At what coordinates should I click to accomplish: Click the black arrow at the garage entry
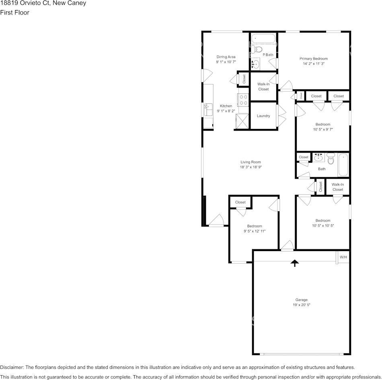coord(295,263)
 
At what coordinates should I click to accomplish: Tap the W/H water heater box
coord(343,257)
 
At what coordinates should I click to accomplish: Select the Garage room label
coord(302,300)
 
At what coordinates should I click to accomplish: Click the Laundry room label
coord(263,116)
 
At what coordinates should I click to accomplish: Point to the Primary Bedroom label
coord(313,59)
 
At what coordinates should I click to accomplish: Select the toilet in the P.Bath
coord(258,49)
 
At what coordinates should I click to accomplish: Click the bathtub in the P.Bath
coord(263,39)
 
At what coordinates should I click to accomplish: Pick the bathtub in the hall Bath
coord(343,165)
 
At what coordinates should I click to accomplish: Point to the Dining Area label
coord(226,57)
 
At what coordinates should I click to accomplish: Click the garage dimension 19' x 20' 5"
coord(302,305)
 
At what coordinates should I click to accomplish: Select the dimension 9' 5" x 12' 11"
coord(254,231)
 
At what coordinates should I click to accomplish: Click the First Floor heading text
coord(14,12)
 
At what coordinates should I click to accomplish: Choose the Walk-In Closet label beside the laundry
coord(263,86)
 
